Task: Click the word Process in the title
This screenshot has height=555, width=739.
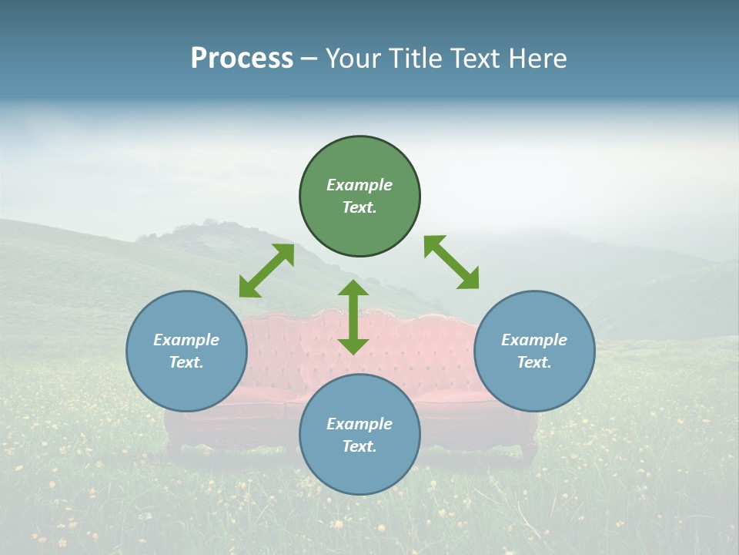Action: click(x=242, y=58)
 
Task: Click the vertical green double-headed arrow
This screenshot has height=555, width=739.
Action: click(x=353, y=317)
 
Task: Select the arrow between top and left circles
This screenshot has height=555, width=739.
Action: click(x=266, y=271)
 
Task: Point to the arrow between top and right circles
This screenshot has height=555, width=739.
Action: click(x=451, y=262)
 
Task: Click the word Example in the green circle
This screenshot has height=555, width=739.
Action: click(x=359, y=185)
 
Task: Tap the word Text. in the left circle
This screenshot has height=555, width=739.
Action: click(x=186, y=362)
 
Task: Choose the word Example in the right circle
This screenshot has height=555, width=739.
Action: click(x=534, y=340)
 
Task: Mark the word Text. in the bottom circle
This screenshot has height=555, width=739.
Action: click(x=359, y=446)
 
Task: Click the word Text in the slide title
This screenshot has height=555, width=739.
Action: click(x=474, y=58)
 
